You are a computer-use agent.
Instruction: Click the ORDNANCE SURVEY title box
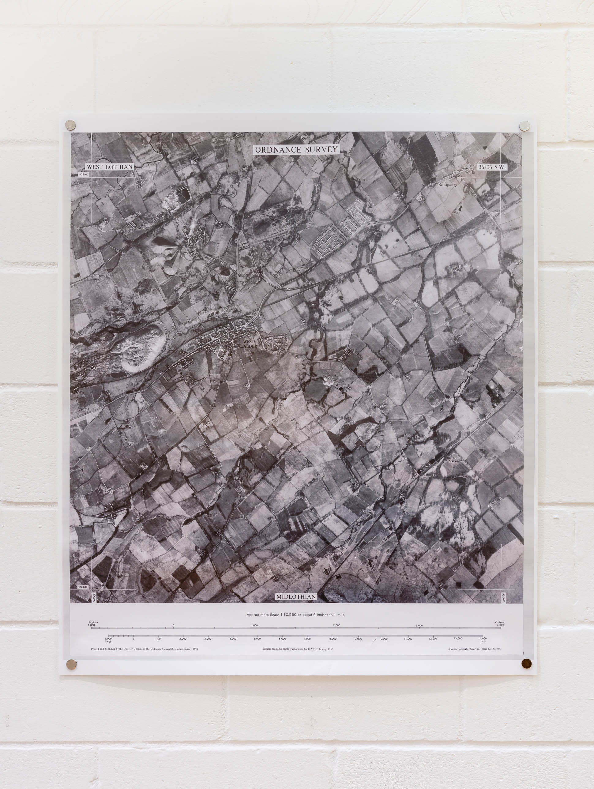click(296, 149)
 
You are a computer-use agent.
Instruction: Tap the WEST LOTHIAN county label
click(110, 167)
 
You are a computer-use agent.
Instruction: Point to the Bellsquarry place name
click(447, 185)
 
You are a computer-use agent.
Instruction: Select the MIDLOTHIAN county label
click(296, 596)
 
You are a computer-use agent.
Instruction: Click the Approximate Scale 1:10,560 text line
click(295, 614)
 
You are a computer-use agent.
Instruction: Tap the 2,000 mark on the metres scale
click(336, 625)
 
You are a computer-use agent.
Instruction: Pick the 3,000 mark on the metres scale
click(419, 625)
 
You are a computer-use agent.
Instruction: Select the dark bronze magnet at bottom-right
click(526, 663)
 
